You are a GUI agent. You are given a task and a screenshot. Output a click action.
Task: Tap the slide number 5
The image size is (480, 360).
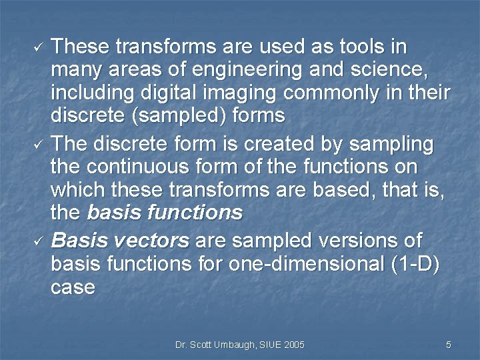[449, 345]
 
